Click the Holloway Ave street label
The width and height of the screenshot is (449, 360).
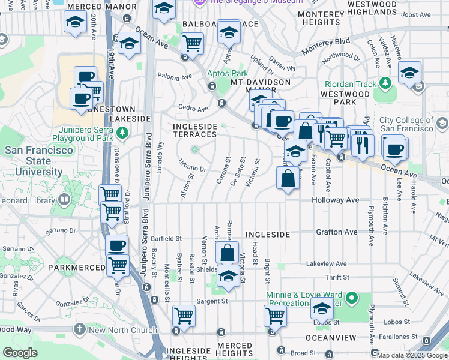(x=336, y=200)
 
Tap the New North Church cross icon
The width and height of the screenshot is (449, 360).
(x=80, y=329)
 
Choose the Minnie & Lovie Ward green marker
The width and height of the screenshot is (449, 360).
(x=353, y=296)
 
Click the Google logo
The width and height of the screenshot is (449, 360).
(x=19, y=353)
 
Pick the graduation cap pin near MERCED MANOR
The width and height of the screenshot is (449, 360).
(x=76, y=22)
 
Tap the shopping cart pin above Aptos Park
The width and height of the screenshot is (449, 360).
(x=192, y=44)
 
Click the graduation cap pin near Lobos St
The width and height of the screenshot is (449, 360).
(x=322, y=310)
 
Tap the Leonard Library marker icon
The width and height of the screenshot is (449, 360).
(x=64, y=199)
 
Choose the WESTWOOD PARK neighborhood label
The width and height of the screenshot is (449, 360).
(x=345, y=98)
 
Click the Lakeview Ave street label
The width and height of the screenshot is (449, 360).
(x=326, y=263)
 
